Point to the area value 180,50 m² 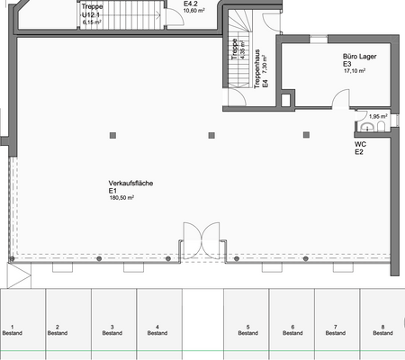(122, 197)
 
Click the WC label (359, 143)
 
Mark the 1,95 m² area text (378, 116)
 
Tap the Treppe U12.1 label (92, 11)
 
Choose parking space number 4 (157, 329)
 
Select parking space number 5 (247, 329)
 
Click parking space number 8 (382, 329)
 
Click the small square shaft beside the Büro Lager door (287, 100)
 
